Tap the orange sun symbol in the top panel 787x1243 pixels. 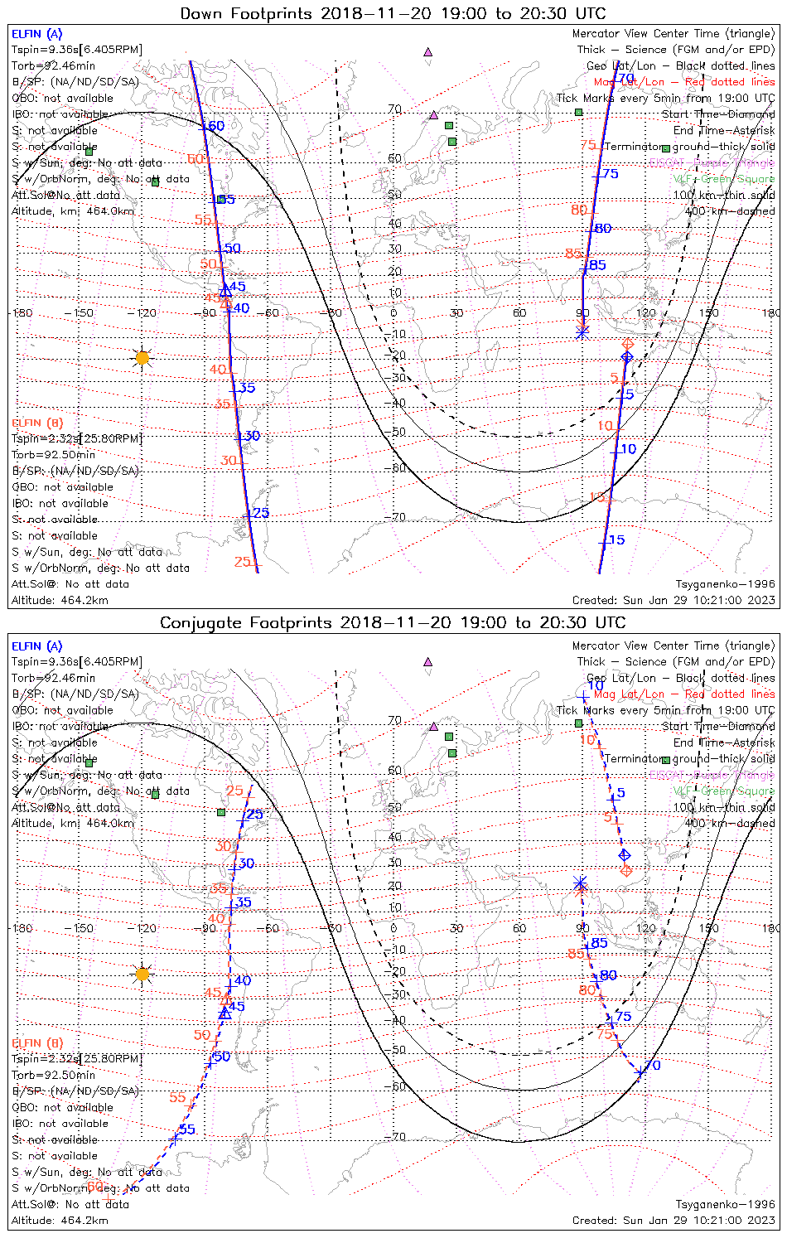point(142,358)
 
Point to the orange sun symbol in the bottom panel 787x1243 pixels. point(142,974)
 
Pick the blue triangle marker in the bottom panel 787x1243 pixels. point(224,1013)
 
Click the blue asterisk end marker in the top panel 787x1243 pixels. point(582,331)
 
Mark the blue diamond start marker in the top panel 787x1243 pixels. point(627,357)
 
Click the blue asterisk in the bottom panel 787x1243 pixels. point(580,883)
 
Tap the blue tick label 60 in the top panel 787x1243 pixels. point(215,126)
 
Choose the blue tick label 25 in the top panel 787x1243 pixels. point(261,514)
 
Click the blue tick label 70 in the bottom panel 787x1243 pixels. point(653,1065)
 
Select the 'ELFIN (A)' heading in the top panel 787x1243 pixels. point(36,34)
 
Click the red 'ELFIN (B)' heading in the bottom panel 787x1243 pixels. point(36,1042)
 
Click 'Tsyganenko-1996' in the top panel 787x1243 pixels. point(725,584)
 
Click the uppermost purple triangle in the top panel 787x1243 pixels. point(427,52)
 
